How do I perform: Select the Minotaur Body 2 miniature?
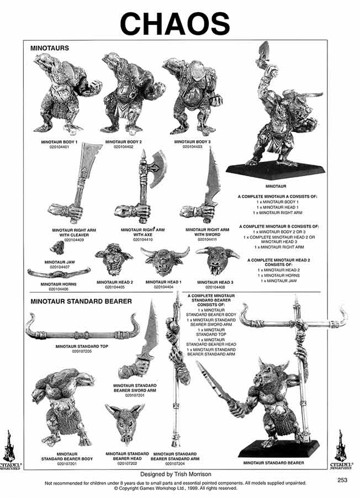click(x=128, y=94)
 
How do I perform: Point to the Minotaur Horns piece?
click(x=59, y=274)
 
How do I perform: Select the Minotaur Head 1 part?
click(x=164, y=261)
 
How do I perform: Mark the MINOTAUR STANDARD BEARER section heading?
click(x=81, y=302)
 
